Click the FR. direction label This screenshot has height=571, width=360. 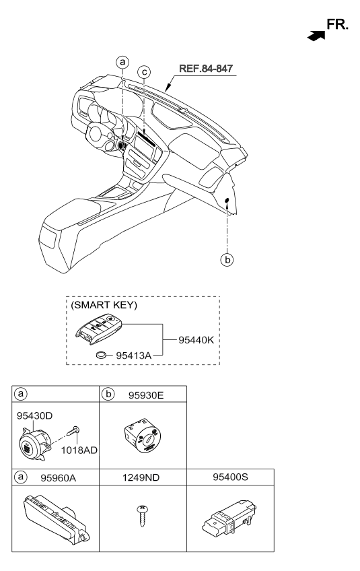tap(337, 24)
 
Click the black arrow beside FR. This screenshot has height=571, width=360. tap(316, 35)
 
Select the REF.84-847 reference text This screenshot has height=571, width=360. tap(206, 69)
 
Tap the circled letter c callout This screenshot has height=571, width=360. tap(145, 72)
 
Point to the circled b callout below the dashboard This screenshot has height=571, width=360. tap(227, 260)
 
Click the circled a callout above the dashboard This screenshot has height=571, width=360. tap(122, 62)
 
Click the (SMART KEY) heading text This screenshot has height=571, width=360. tap(104, 305)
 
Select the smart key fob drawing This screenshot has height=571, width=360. tap(99, 329)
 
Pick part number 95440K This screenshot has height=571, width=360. tap(196, 340)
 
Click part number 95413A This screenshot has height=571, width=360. tap(133, 355)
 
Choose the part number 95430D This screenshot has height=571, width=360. tap(34, 415)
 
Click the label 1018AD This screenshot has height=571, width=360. tap(79, 450)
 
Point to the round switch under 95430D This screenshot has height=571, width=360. tap(34, 444)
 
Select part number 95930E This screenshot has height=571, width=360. tap(146, 395)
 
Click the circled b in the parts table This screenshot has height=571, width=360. tap(108, 394)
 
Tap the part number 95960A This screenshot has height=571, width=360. tap(59, 477)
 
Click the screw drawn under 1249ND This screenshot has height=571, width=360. tap(142, 515)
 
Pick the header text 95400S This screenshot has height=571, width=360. tap(230, 477)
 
